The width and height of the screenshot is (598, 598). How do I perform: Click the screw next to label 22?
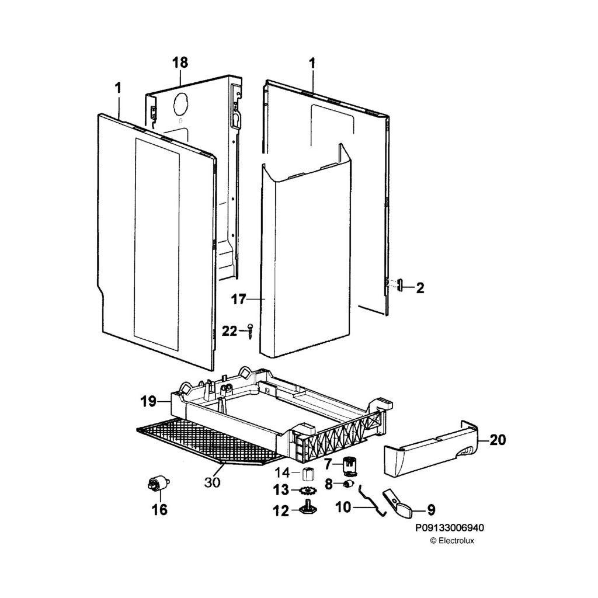click(250, 332)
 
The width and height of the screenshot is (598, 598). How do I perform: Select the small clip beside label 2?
click(401, 286)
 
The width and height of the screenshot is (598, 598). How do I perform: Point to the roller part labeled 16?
click(157, 484)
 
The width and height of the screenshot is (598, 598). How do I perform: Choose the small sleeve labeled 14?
click(308, 472)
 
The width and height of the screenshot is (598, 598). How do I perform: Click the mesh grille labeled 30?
click(204, 441)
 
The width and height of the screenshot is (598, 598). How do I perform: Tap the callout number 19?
click(148, 401)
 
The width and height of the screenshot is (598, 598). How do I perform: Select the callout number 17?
click(239, 300)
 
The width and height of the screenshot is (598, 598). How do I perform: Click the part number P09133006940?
click(449, 528)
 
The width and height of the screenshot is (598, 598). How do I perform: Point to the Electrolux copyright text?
click(452, 541)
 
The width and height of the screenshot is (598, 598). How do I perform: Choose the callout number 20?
click(498, 440)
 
